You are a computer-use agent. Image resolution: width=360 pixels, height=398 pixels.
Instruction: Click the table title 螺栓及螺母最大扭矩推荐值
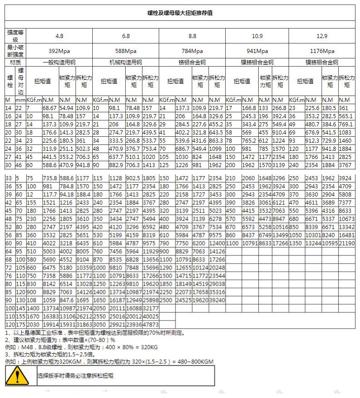(x=180, y=13)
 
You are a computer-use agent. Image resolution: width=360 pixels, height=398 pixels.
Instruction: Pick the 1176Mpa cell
(x=322, y=51)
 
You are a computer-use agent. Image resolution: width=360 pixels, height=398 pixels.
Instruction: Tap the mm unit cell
(x=20, y=99)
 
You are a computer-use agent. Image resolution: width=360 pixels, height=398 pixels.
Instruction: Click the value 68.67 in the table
(x=48, y=108)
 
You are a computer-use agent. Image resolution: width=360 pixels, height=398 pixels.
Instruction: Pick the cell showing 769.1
(x=346, y=124)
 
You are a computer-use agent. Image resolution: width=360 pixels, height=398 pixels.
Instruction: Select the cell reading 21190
(x=346, y=244)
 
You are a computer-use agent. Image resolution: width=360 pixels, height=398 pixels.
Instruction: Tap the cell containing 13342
(x=346, y=227)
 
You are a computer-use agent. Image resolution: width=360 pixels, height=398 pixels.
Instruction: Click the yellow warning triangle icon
(x=17, y=376)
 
